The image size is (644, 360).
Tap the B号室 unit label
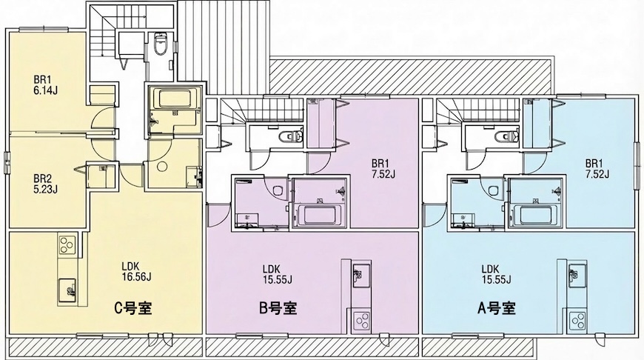click(x=278, y=307)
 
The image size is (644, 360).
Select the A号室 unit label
click(x=496, y=307)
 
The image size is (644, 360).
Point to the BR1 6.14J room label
click(x=45, y=85)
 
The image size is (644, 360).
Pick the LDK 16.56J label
click(x=137, y=272)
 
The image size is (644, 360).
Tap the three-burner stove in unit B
click(x=361, y=321)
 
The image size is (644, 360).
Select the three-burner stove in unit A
click(x=578, y=321)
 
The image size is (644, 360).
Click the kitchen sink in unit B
click(x=361, y=276)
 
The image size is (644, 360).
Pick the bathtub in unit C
click(x=175, y=99)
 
